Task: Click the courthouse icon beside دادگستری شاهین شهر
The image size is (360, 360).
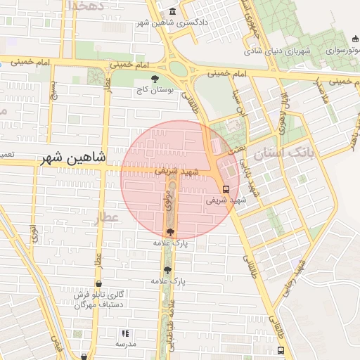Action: (x=173, y=13)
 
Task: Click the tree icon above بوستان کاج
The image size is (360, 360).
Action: (x=155, y=79)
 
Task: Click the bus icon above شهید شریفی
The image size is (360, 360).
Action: (x=226, y=189)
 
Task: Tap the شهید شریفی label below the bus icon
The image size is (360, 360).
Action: (x=226, y=200)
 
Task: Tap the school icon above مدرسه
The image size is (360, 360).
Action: (x=125, y=334)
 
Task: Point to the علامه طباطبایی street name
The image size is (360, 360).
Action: (x=169, y=324)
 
